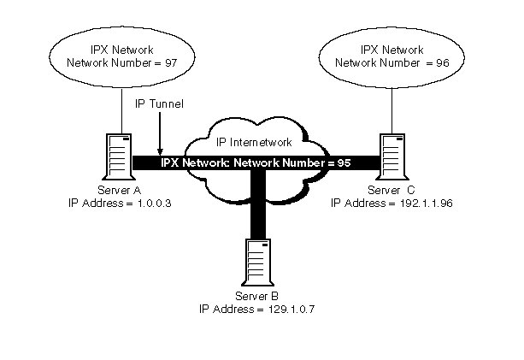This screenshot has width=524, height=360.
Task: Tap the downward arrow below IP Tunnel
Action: point(159,137)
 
